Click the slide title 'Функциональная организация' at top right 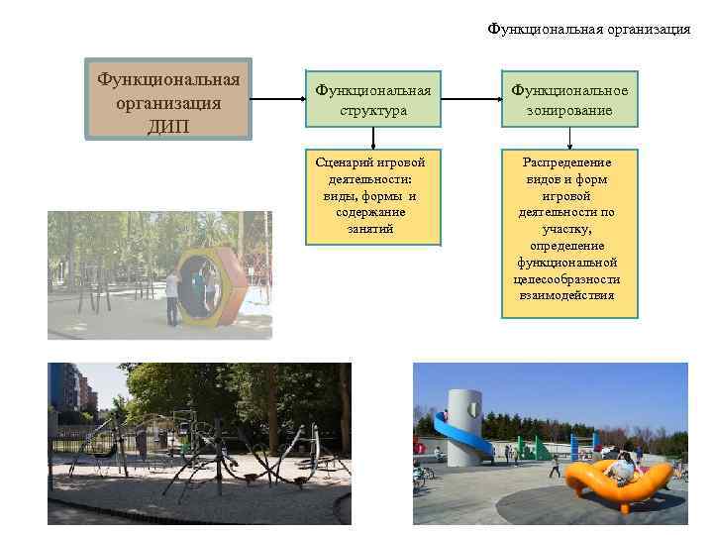[589, 29]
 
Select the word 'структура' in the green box [372, 111]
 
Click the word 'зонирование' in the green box [569, 111]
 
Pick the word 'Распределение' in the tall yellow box [569, 161]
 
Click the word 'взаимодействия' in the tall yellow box [569, 295]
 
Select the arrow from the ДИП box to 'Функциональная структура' [276, 99]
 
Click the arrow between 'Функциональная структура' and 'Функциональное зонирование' [470, 99]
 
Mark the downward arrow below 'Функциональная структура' [372, 139]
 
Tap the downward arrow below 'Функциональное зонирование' [569, 139]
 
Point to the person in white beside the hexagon [172, 295]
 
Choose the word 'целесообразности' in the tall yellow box [569, 278]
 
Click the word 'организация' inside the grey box [167, 103]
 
